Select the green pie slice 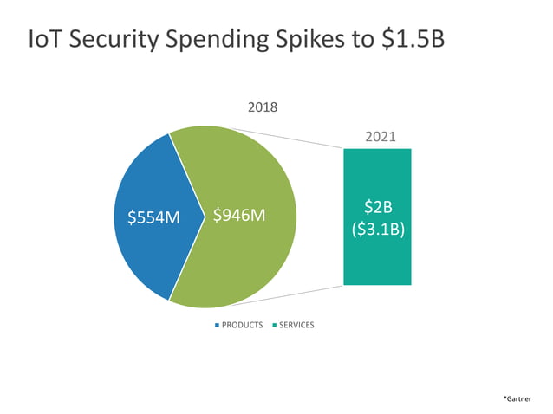coord(251,260)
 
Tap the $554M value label coord(153,217)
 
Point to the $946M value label coord(238,216)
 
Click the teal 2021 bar coord(377,260)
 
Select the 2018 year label coord(263,108)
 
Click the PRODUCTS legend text coord(242,325)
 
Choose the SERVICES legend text coord(296,325)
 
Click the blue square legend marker coord(217,325)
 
